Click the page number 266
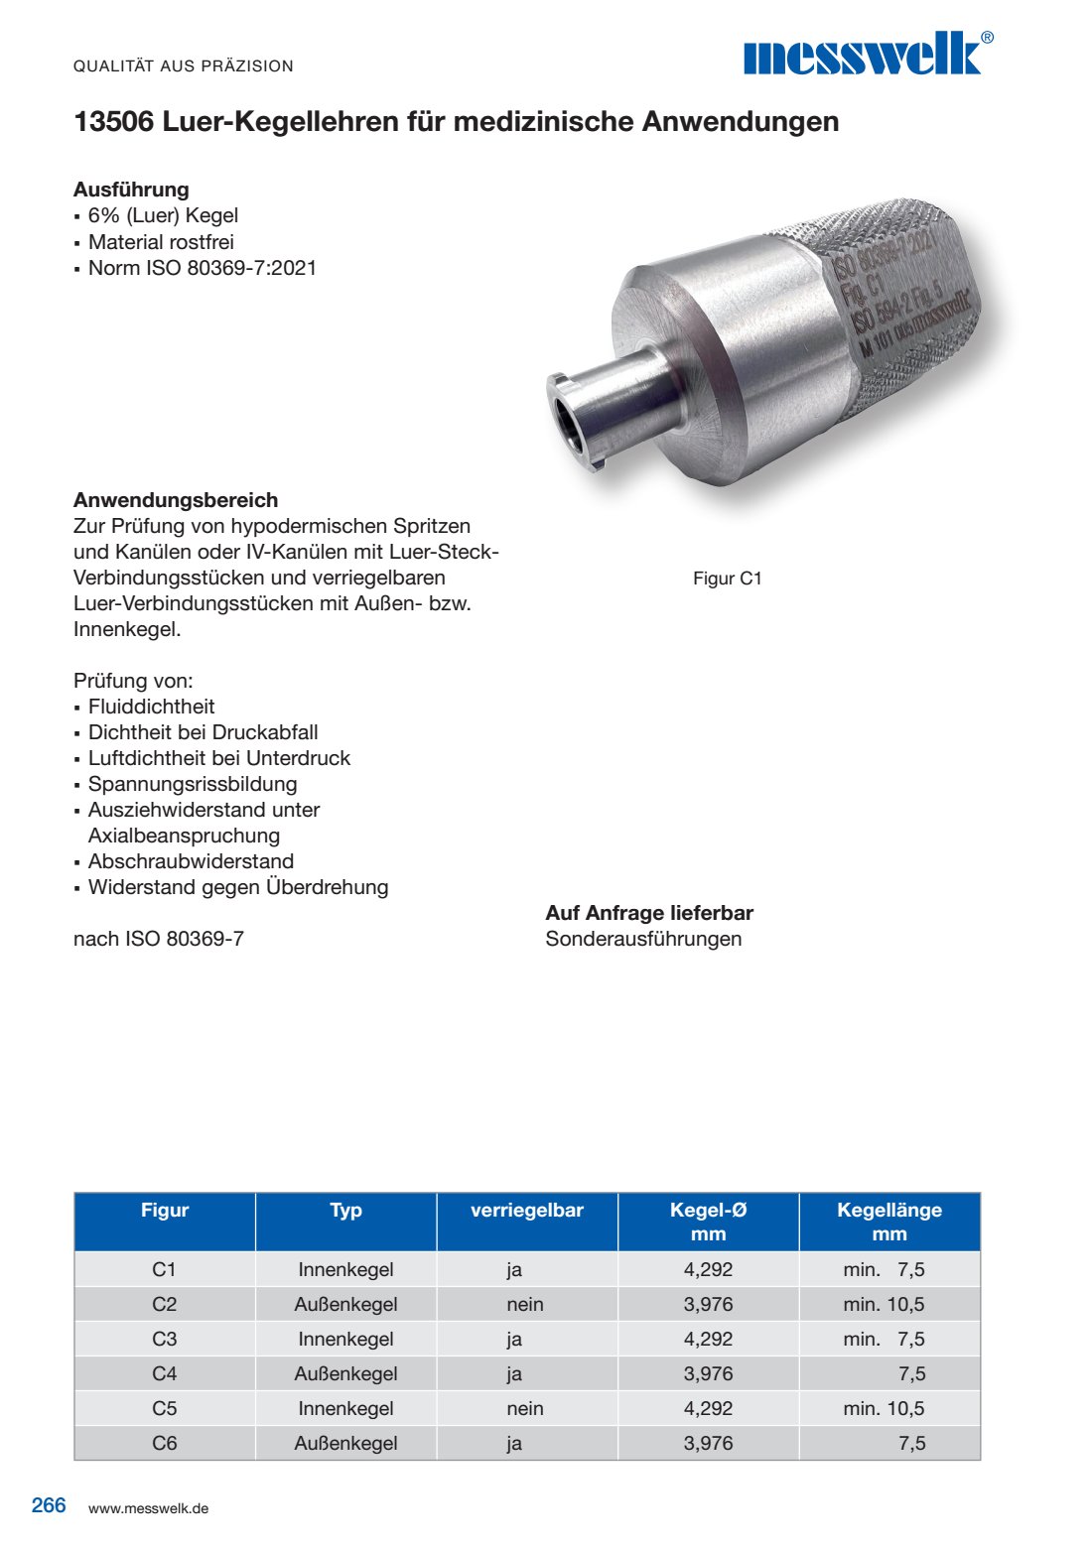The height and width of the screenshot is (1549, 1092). coord(49,1505)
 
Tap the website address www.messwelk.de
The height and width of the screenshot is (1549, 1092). coord(148,1508)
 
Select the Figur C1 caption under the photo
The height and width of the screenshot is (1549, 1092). coord(727,579)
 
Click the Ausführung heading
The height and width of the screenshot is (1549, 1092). coord(131,190)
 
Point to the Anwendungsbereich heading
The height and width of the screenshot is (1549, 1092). coord(176,500)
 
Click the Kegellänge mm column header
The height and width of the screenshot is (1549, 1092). coord(888,1222)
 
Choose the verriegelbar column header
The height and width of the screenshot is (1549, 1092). coord(526,1211)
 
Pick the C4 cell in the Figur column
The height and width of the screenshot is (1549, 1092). coord(165,1373)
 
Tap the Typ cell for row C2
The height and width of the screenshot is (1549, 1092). coord(345,1304)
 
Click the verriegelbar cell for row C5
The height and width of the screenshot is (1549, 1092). coord(525,1408)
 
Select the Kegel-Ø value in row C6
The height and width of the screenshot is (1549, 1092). coord(708,1443)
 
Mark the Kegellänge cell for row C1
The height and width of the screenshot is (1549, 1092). coord(884,1269)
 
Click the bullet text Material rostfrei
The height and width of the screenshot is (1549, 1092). coord(161,242)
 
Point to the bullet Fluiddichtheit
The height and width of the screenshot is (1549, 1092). coord(151,707)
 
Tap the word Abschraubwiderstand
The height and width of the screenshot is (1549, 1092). coord(191,861)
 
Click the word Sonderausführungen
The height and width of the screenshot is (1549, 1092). coord(643,939)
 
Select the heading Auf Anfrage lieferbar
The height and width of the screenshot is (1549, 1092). coord(649,913)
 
